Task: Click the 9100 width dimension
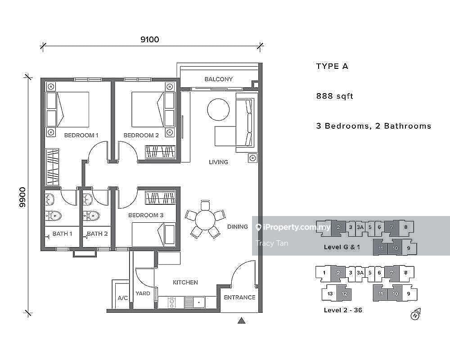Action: pyautogui.click(x=149, y=39)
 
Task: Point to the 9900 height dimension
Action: pyautogui.click(x=22, y=197)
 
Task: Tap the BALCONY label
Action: pyautogui.click(x=218, y=79)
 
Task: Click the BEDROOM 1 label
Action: pyautogui.click(x=81, y=135)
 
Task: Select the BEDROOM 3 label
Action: pyautogui.click(x=146, y=215)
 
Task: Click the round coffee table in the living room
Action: pyautogui.click(x=218, y=109)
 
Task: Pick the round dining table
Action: pyautogui.click(x=205, y=220)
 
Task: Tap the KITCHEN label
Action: pyautogui.click(x=185, y=283)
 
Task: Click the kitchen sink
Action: pyautogui.click(x=194, y=302)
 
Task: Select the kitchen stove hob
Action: pyautogui.click(x=171, y=302)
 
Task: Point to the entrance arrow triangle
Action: pyautogui.click(x=242, y=320)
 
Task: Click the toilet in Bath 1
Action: pyautogui.click(x=54, y=216)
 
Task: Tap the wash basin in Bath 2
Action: pyautogui.click(x=88, y=199)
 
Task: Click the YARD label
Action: pyautogui.click(x=143, y=293)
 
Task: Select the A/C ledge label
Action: pyautogui.click(x=122, y=298)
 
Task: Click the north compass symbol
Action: pyautogui.click(x=415, y=315)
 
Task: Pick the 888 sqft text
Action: pyautogui.click(x=335, y=96)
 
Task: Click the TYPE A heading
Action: pyautogui.click(x=332, y=66)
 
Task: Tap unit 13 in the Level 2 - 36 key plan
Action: pyautogui.click(x=330, y=293)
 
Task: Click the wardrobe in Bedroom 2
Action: pyautogui.click(x=161, y=152)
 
